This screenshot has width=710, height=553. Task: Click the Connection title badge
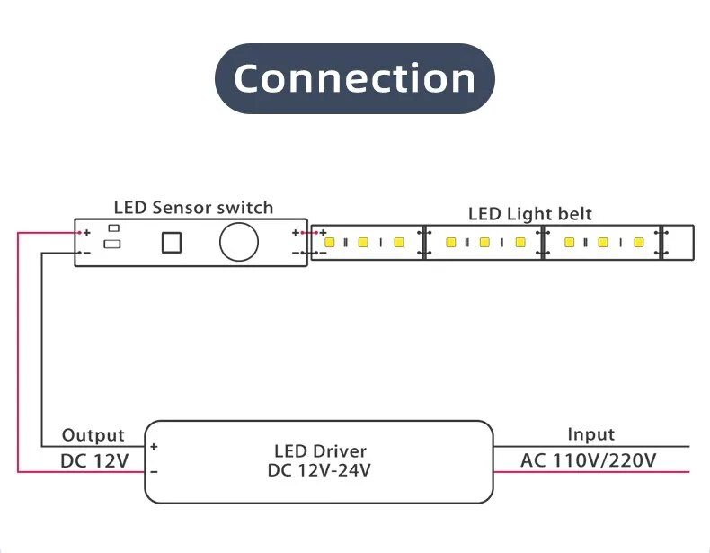(x=354, y=78)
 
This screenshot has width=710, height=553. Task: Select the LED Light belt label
(x=530, y=214)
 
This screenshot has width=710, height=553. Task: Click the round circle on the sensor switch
(x=240, y=243)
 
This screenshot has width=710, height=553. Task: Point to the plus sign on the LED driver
(x=155, y=447)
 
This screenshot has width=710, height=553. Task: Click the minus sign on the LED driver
(x=155, y=470)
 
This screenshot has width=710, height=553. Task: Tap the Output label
(x=93, y=435)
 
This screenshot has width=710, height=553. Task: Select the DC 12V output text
(x=94, y=461)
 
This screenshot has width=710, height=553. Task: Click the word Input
(x=590, y=434)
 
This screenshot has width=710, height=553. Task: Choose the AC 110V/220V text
(x=589, y=461)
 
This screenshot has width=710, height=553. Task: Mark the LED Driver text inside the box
(x=320, y=451)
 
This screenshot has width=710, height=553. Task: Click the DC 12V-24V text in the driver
(x=320, y=469)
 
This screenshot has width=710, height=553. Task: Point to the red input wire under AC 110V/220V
(x=593, y=472)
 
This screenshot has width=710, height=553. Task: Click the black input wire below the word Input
(x=593, y=446)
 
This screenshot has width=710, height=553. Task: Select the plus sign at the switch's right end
(x=295, y=233)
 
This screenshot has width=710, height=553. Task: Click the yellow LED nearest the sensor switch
(x=330, y=243)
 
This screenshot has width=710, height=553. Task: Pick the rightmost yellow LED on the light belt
(x=637, y=243)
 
